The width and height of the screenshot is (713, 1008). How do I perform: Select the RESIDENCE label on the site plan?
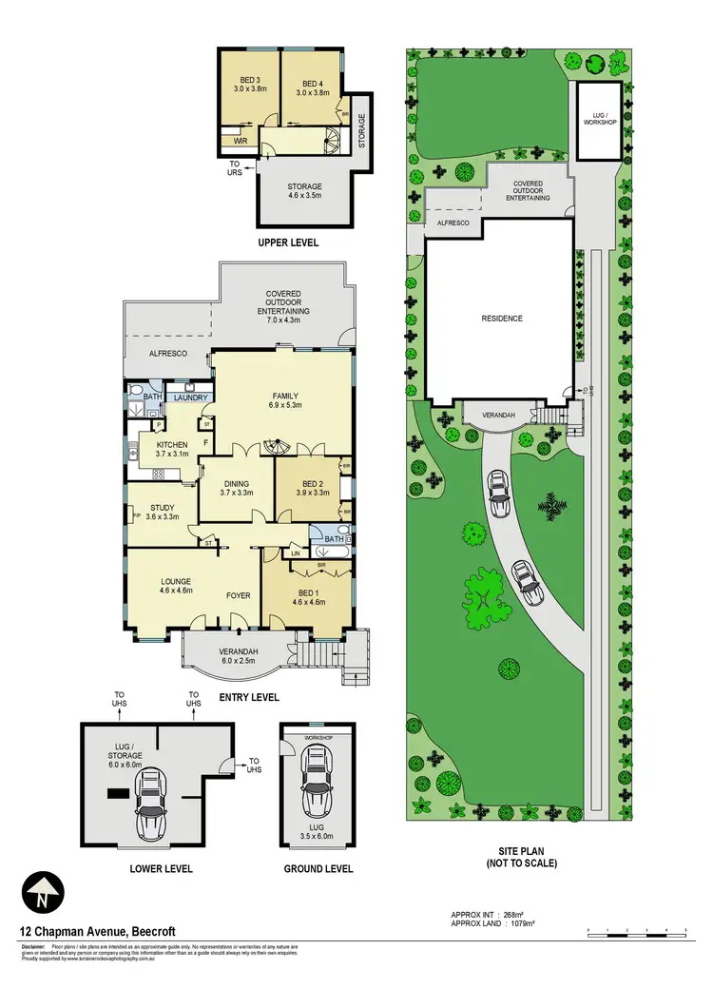click(502, 319)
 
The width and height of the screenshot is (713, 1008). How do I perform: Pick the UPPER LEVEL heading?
click(288, 243)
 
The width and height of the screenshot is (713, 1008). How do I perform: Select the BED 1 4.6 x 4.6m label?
click(303, 598)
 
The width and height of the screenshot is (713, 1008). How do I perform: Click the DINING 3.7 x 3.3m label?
click(236, 488)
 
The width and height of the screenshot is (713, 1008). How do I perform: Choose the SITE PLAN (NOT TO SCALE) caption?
click(519, 858)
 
